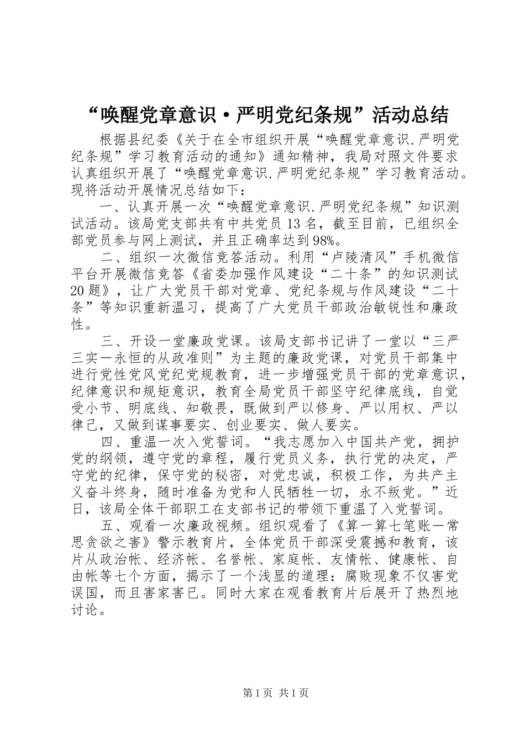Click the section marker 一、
click(110, 208)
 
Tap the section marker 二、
click(110, 258)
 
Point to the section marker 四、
click(110, 442)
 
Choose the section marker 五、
click(110, 526)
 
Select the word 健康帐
click(403, 559)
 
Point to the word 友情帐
click(346, 559)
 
